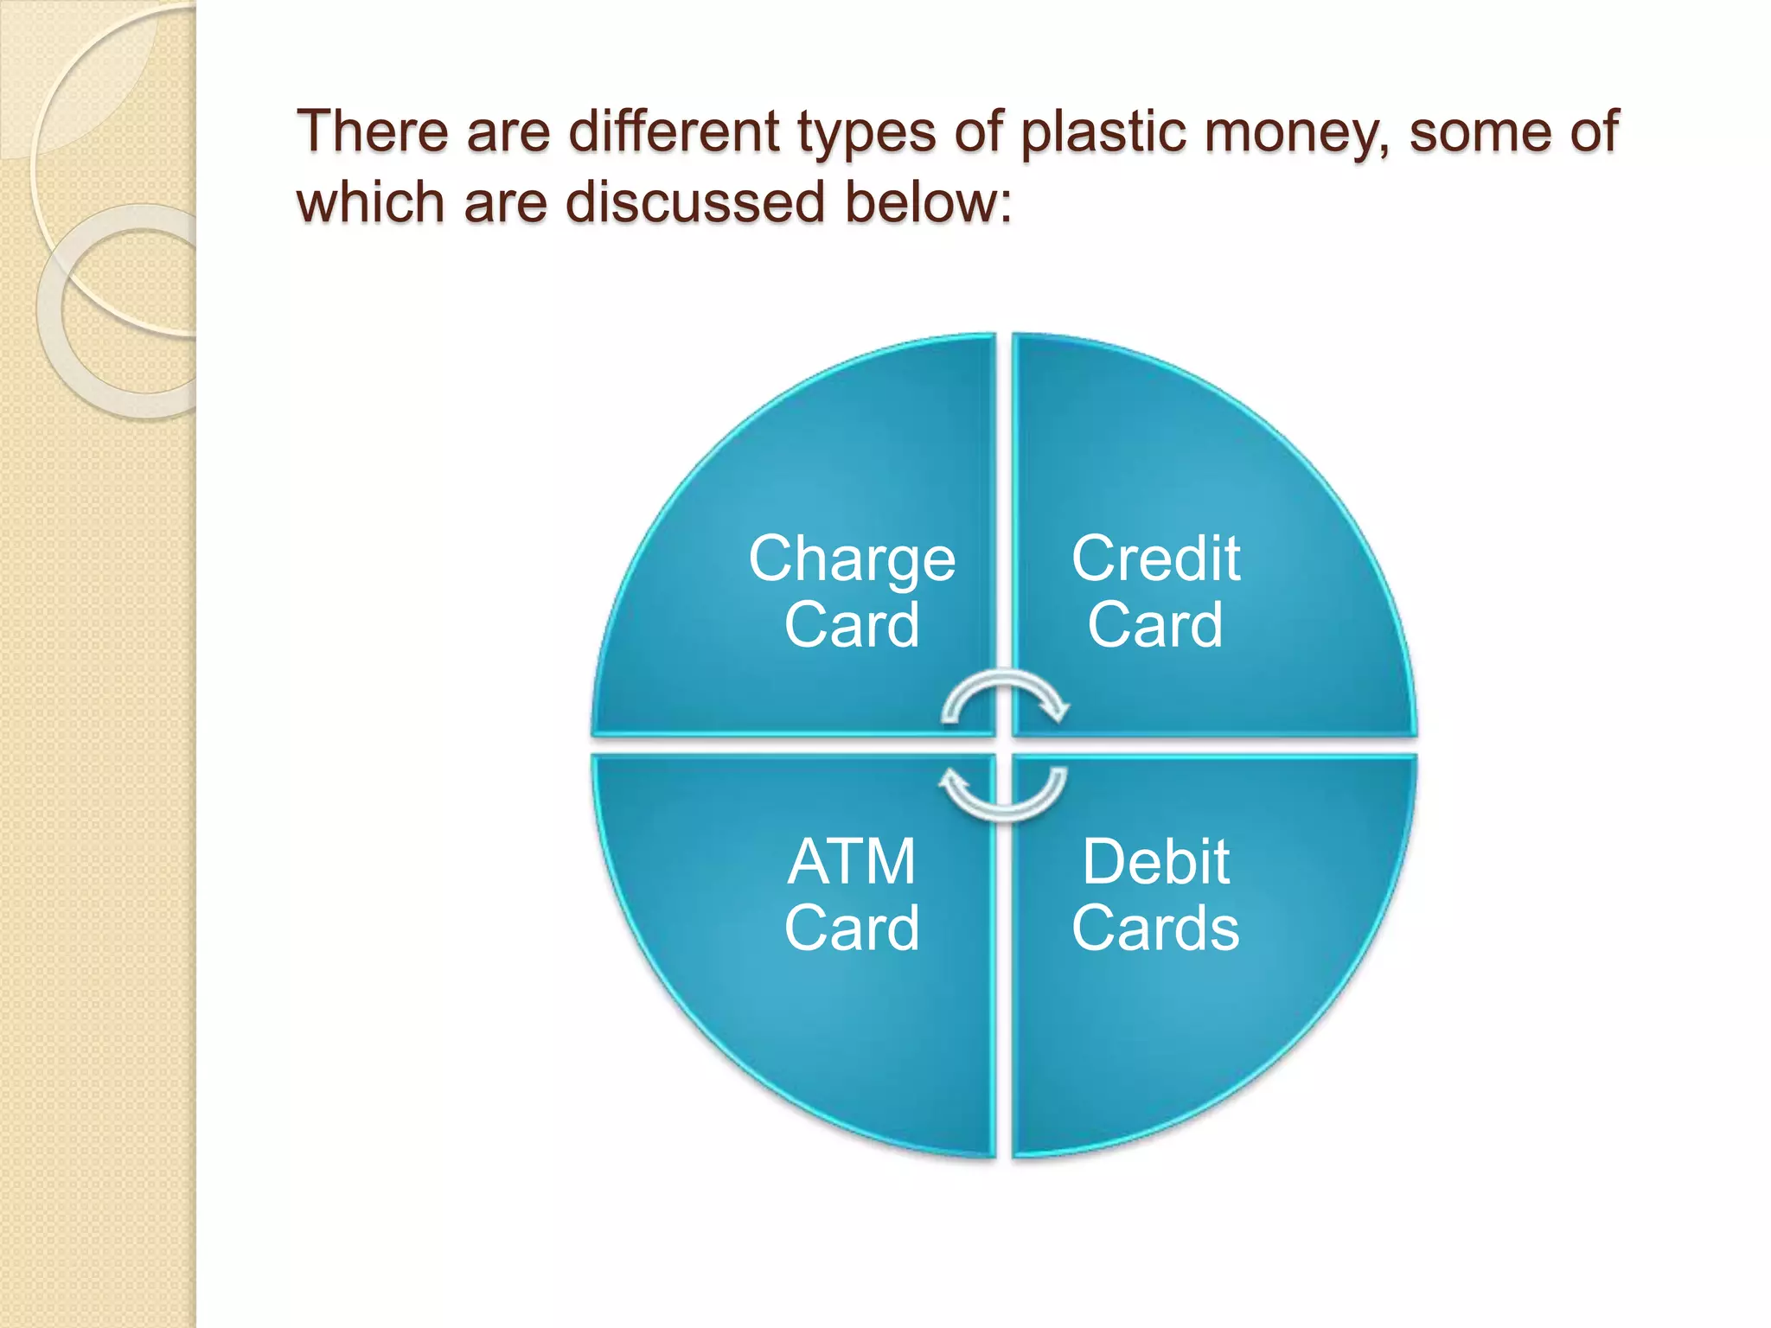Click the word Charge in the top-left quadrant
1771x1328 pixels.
click(852, 560)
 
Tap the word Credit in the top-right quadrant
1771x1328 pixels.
click(1155, 559)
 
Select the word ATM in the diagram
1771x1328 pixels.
click(852, 862)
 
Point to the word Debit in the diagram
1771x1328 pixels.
click(1155, 862)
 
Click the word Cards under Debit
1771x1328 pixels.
click(1155, 929)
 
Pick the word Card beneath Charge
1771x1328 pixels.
click(852, 625)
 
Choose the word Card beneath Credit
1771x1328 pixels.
click(1155, 625)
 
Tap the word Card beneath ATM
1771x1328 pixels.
click(852, 929)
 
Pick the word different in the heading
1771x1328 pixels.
click(675, 132)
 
